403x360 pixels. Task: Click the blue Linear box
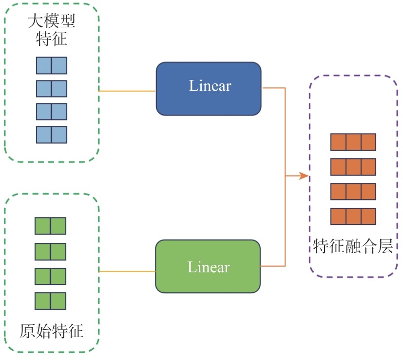point(208,88)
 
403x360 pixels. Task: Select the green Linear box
point(208,266)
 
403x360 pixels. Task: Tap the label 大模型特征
point(52,30)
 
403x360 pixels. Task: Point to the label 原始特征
point(51,331)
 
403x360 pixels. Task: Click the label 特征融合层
point(353,246)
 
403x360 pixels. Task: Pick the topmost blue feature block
point(52,65)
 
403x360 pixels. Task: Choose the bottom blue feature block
point(52,135)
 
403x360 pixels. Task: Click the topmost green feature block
point(50,226)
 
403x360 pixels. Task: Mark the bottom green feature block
point(50,301)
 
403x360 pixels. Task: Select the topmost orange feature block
point(353,142)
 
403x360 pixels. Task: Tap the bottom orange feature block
point(353,216)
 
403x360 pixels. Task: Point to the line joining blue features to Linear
point(127,91)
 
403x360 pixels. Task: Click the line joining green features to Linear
point(127,271)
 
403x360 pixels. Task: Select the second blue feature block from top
point(52,89)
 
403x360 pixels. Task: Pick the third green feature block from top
point(50,276)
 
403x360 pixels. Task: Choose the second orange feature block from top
point(353,167)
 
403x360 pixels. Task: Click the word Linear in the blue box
point(210,86)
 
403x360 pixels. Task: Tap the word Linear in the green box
point(209,267)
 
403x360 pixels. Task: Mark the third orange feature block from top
point(353,191)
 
